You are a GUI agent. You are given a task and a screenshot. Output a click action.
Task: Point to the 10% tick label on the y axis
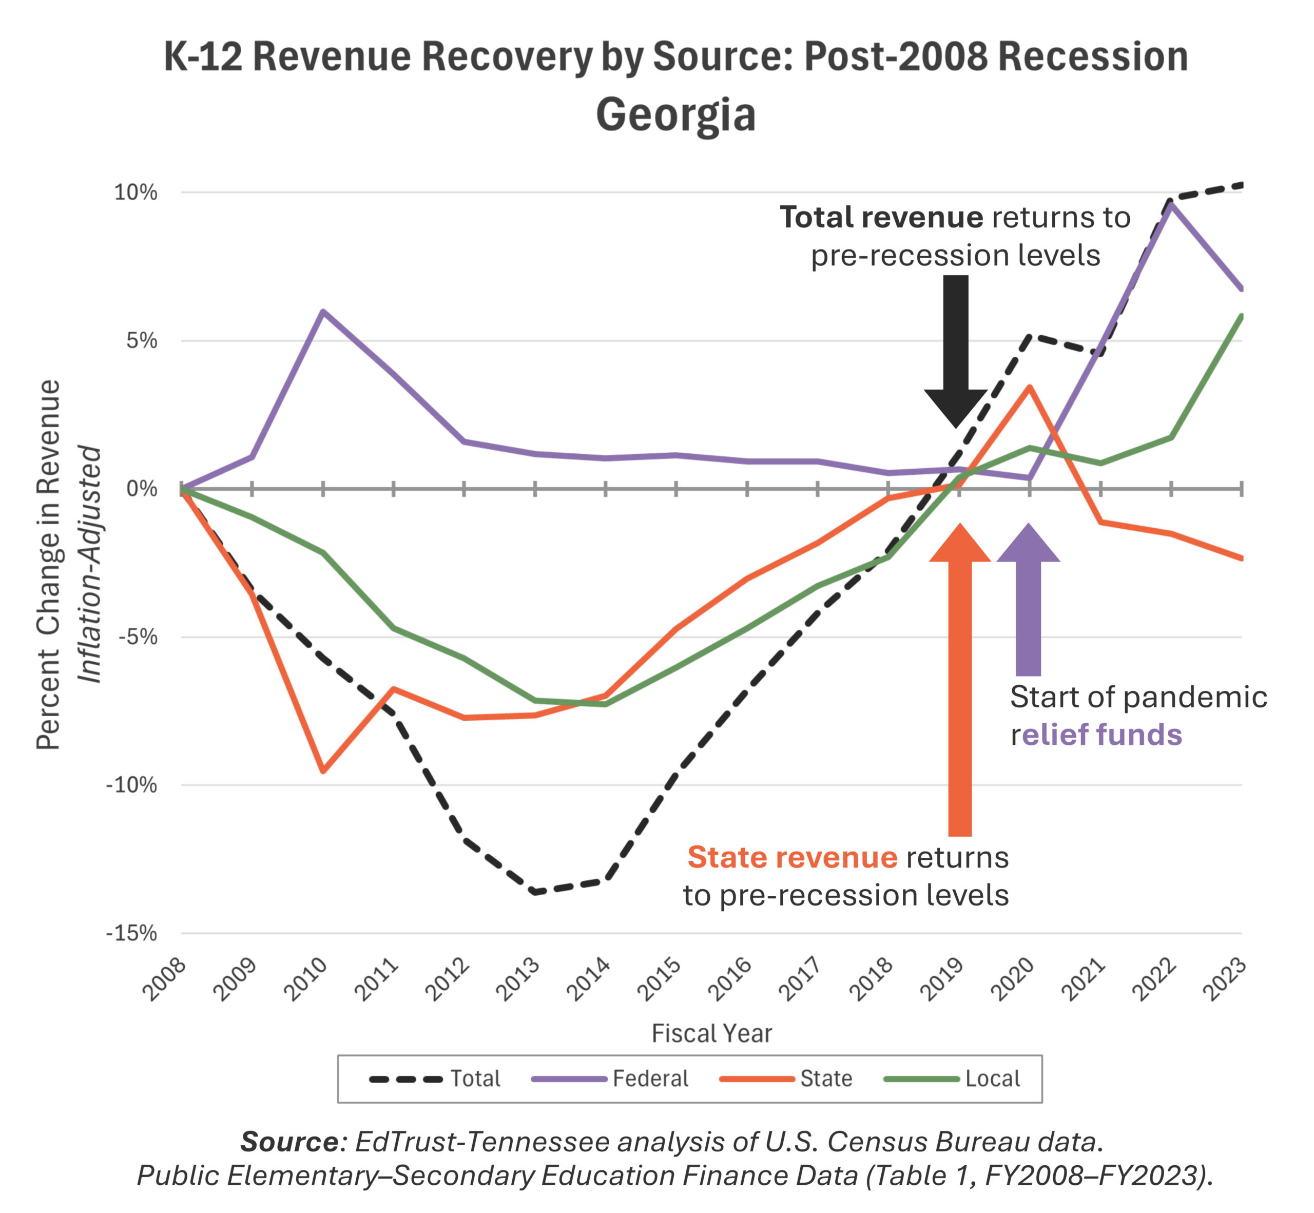136,192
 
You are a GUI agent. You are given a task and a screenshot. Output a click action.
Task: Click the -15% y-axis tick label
132,933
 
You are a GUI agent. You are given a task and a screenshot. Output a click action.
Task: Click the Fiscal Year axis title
711,1033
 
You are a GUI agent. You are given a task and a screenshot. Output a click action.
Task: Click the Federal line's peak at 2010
323,311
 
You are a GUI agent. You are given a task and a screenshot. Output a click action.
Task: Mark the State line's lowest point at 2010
323,771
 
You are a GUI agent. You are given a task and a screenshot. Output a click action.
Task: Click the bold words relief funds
1102,735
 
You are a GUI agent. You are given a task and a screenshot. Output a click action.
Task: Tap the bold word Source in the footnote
289,1142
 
